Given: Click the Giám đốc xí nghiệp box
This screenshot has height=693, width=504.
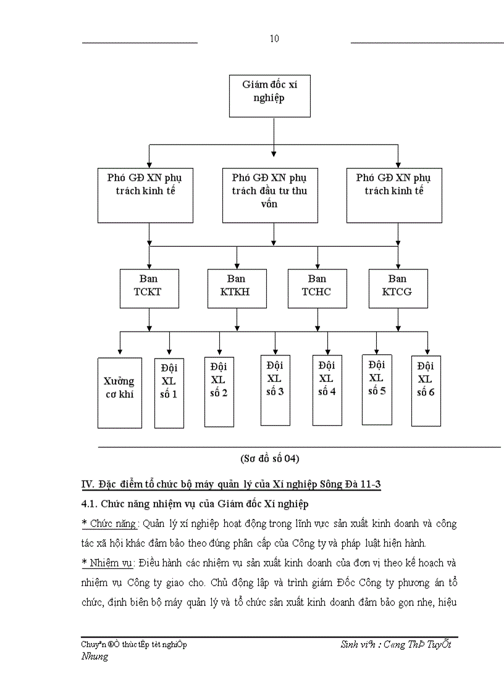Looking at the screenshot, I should pyautogui.click(x=269, y=96).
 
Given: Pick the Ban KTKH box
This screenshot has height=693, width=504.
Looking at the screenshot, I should pyautogui.click(x=237, y=288).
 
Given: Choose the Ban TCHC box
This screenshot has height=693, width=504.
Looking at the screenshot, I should pyautogui.click(x=317, y=288).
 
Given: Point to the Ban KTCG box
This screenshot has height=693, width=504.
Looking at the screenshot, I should pyautogui.click(x=398, y=288).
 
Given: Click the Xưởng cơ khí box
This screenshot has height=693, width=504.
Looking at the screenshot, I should pyautogui.click(x=119, y=392).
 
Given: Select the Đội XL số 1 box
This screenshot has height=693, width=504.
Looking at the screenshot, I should pyautogui.click(x=169, y=392).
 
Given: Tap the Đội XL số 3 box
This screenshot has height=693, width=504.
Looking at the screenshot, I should pyautogui.click(x=275, y=390).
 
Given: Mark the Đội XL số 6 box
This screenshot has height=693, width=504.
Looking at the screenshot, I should pyautogui.click(x=426, y=390).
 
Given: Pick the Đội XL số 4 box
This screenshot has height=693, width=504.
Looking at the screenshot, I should pyautogui.click(x=327, y=390).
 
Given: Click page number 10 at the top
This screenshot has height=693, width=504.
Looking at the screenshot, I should pyautogui.click(x=274, y=39).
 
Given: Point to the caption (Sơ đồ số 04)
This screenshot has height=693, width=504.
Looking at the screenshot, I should pyautogui.click(x=269, y=459).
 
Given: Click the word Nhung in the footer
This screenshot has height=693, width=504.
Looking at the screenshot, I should pyautogui.click(x=94, y=657).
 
